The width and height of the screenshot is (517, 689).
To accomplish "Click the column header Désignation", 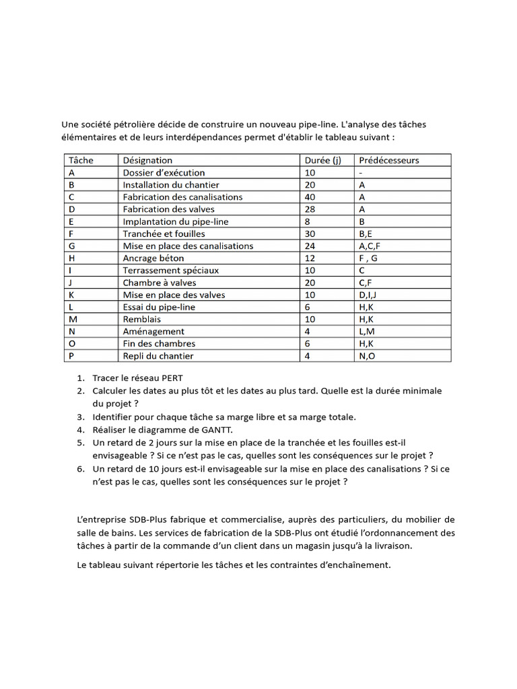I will [147, 160].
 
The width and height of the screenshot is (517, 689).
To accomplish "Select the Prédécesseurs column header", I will [388, 160].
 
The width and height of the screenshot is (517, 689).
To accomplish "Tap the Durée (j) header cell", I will [322, 160].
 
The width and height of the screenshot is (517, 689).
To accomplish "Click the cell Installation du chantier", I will [171, 184].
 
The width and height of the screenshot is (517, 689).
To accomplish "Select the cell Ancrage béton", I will [153, 258].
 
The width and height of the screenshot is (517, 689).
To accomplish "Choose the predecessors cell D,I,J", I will [370, 295].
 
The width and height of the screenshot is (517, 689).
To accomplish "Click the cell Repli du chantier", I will [158, 355].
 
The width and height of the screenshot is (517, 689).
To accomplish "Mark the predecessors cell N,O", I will [368, 355].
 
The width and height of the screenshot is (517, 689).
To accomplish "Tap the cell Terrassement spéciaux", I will [170, 270].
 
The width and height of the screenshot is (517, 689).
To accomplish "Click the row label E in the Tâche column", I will [71, 221].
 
